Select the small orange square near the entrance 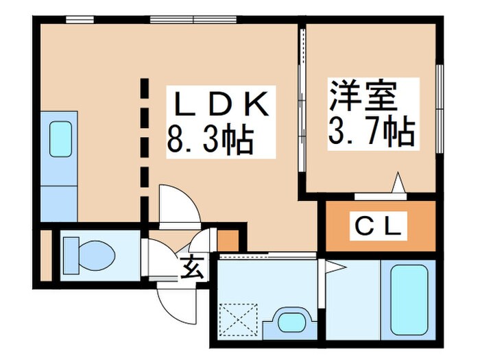click(x=227, y=240)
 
